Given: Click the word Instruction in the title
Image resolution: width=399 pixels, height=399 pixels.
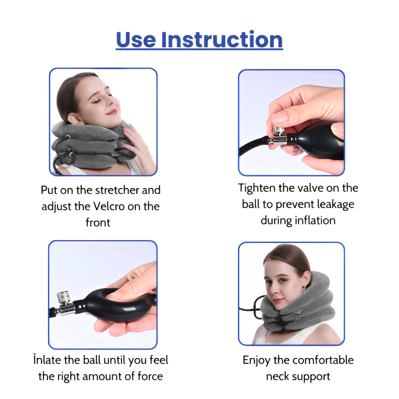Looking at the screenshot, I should coord(222,40).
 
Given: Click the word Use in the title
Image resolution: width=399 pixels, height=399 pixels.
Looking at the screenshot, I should coord(136,40).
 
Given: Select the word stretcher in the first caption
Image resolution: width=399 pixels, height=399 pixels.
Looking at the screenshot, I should coord(117,190).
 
